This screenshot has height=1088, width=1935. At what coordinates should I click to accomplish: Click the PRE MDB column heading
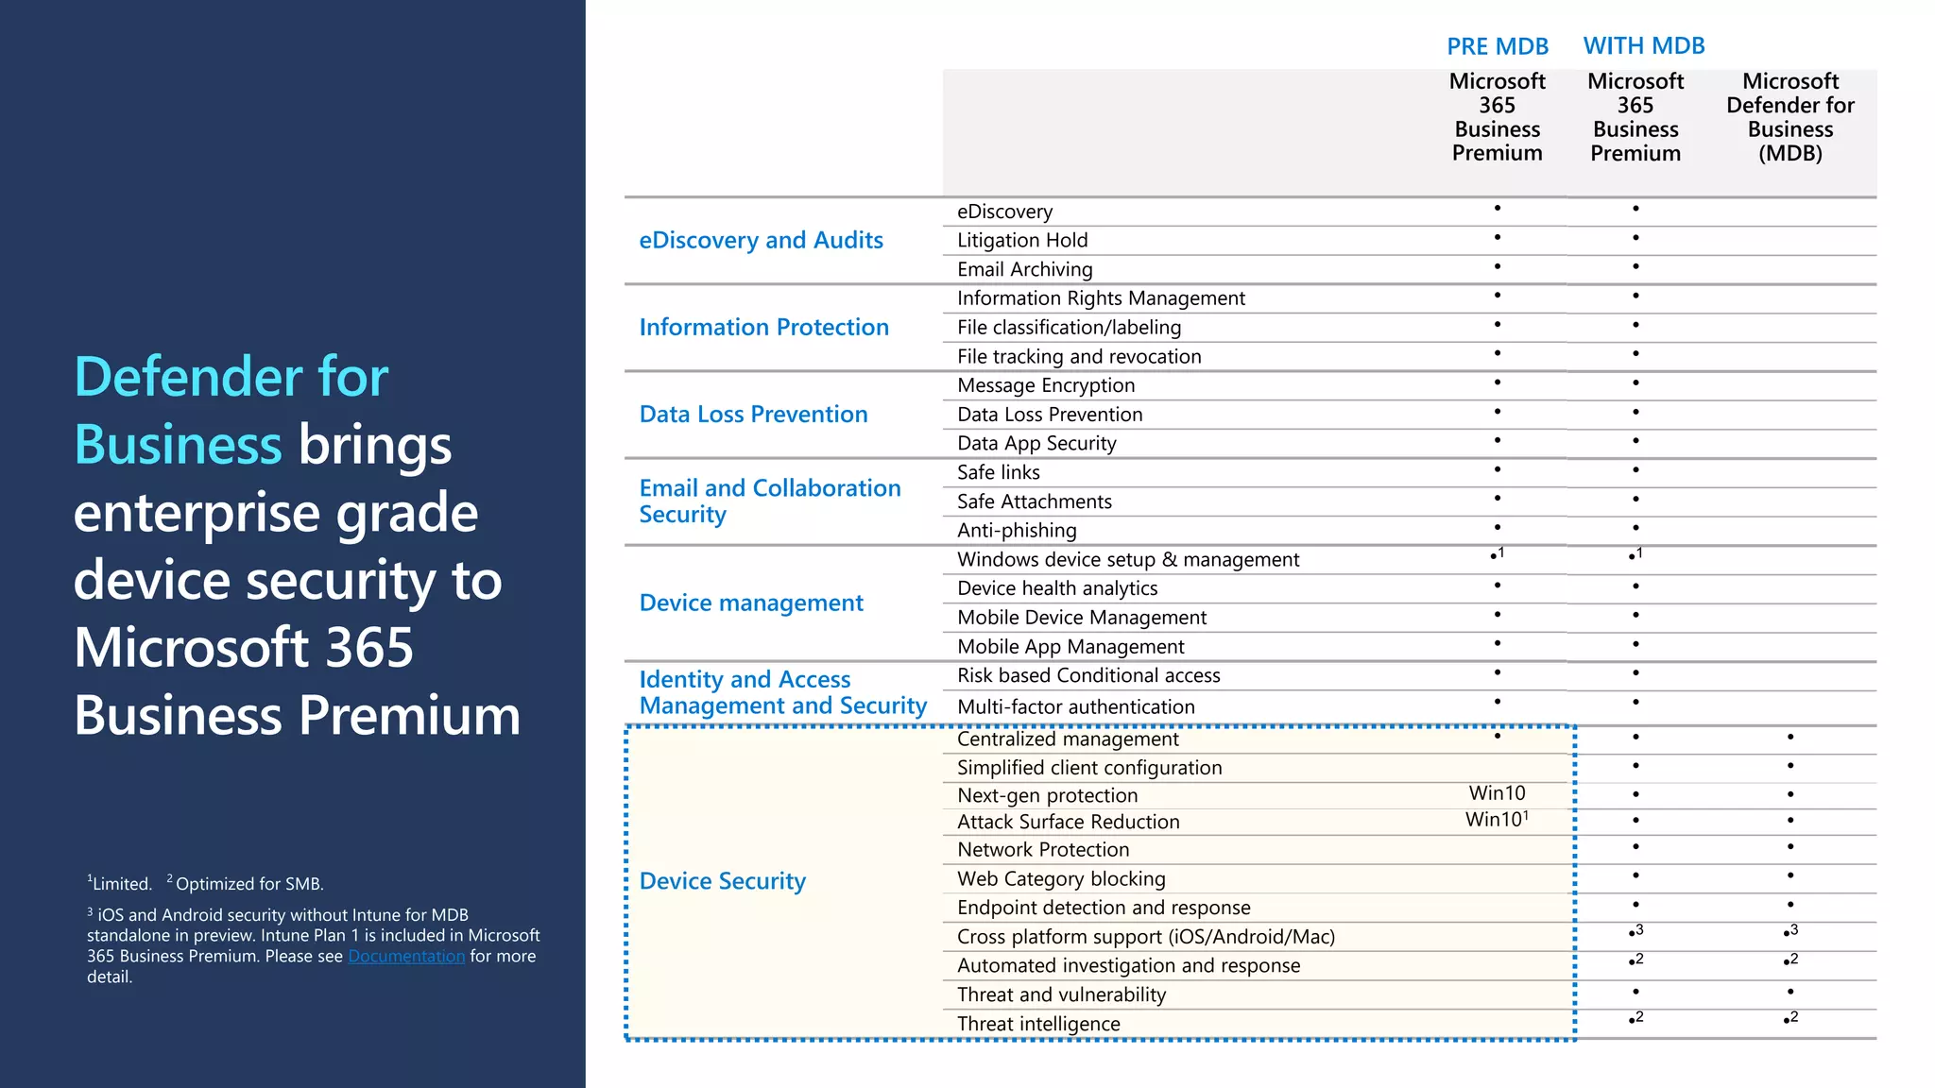pyautogui.click(x=1498, y=46)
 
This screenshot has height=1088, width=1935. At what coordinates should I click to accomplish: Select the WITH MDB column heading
pyautogui.click(x=1644, y=45)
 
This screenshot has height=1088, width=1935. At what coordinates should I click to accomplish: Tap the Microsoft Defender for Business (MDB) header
pyautogui.click(x=1789, y=117)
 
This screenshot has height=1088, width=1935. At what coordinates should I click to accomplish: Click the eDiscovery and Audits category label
pyautogui.click(x=761, y=240)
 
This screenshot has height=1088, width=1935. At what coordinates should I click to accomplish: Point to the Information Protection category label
pyautogui.click(x=763, y=327)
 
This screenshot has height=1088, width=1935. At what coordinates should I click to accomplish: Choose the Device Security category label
pyautogui.click(x=722, y=881)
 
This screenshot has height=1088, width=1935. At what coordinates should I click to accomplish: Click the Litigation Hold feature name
pyautogui.click(x=1022, y=241)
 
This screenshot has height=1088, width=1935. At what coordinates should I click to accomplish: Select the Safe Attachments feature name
pyautogui.click(x=1034, y=501)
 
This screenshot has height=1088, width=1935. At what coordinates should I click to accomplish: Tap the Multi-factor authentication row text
pyautogui.click(x=1075, y=706)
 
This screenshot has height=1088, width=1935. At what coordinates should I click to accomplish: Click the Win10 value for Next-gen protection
pyautogui.click(x=1497, y=793)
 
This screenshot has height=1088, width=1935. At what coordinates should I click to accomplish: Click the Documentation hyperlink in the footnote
pyautogui.click(x=406, y=956)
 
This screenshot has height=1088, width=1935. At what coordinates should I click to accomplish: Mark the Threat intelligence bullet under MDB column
pyautogui.click(x=1788, y=1020)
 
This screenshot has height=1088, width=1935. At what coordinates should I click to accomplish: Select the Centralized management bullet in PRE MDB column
pyautogui.click(x=1498, y=736)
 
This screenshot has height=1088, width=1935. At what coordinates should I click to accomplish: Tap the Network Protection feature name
pyautogui.click(x=1043, y=850)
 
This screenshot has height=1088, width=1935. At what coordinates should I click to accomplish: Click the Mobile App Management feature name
pyautogui.click(x=1070, y=647)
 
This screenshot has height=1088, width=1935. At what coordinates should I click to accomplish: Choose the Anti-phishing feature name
pyautogui.click(x=1017, y=531)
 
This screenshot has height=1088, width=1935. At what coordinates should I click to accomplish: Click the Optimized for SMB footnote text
pyautogui.click(x=248, y=884)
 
